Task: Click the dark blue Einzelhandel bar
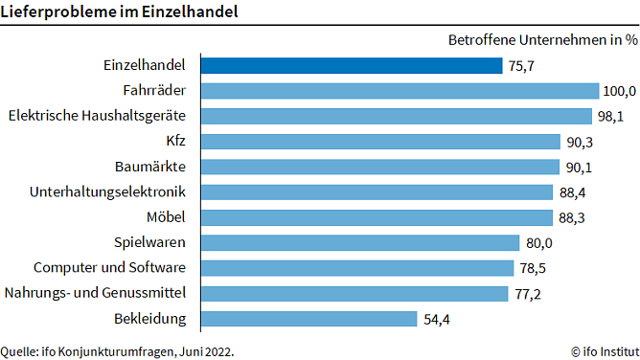(351, 66)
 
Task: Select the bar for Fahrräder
(400, 91)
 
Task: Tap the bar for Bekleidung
(309, 318)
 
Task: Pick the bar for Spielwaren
(359, 242)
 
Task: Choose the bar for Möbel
(376, 216)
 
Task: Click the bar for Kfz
(380, 142)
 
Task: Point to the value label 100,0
(619, 92)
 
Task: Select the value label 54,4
(437, 319)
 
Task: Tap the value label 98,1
(610, 117)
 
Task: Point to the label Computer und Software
(109, 267)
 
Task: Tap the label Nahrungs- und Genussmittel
(96, 292)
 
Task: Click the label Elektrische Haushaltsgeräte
(96, 116)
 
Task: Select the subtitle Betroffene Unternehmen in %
(542, 40)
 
